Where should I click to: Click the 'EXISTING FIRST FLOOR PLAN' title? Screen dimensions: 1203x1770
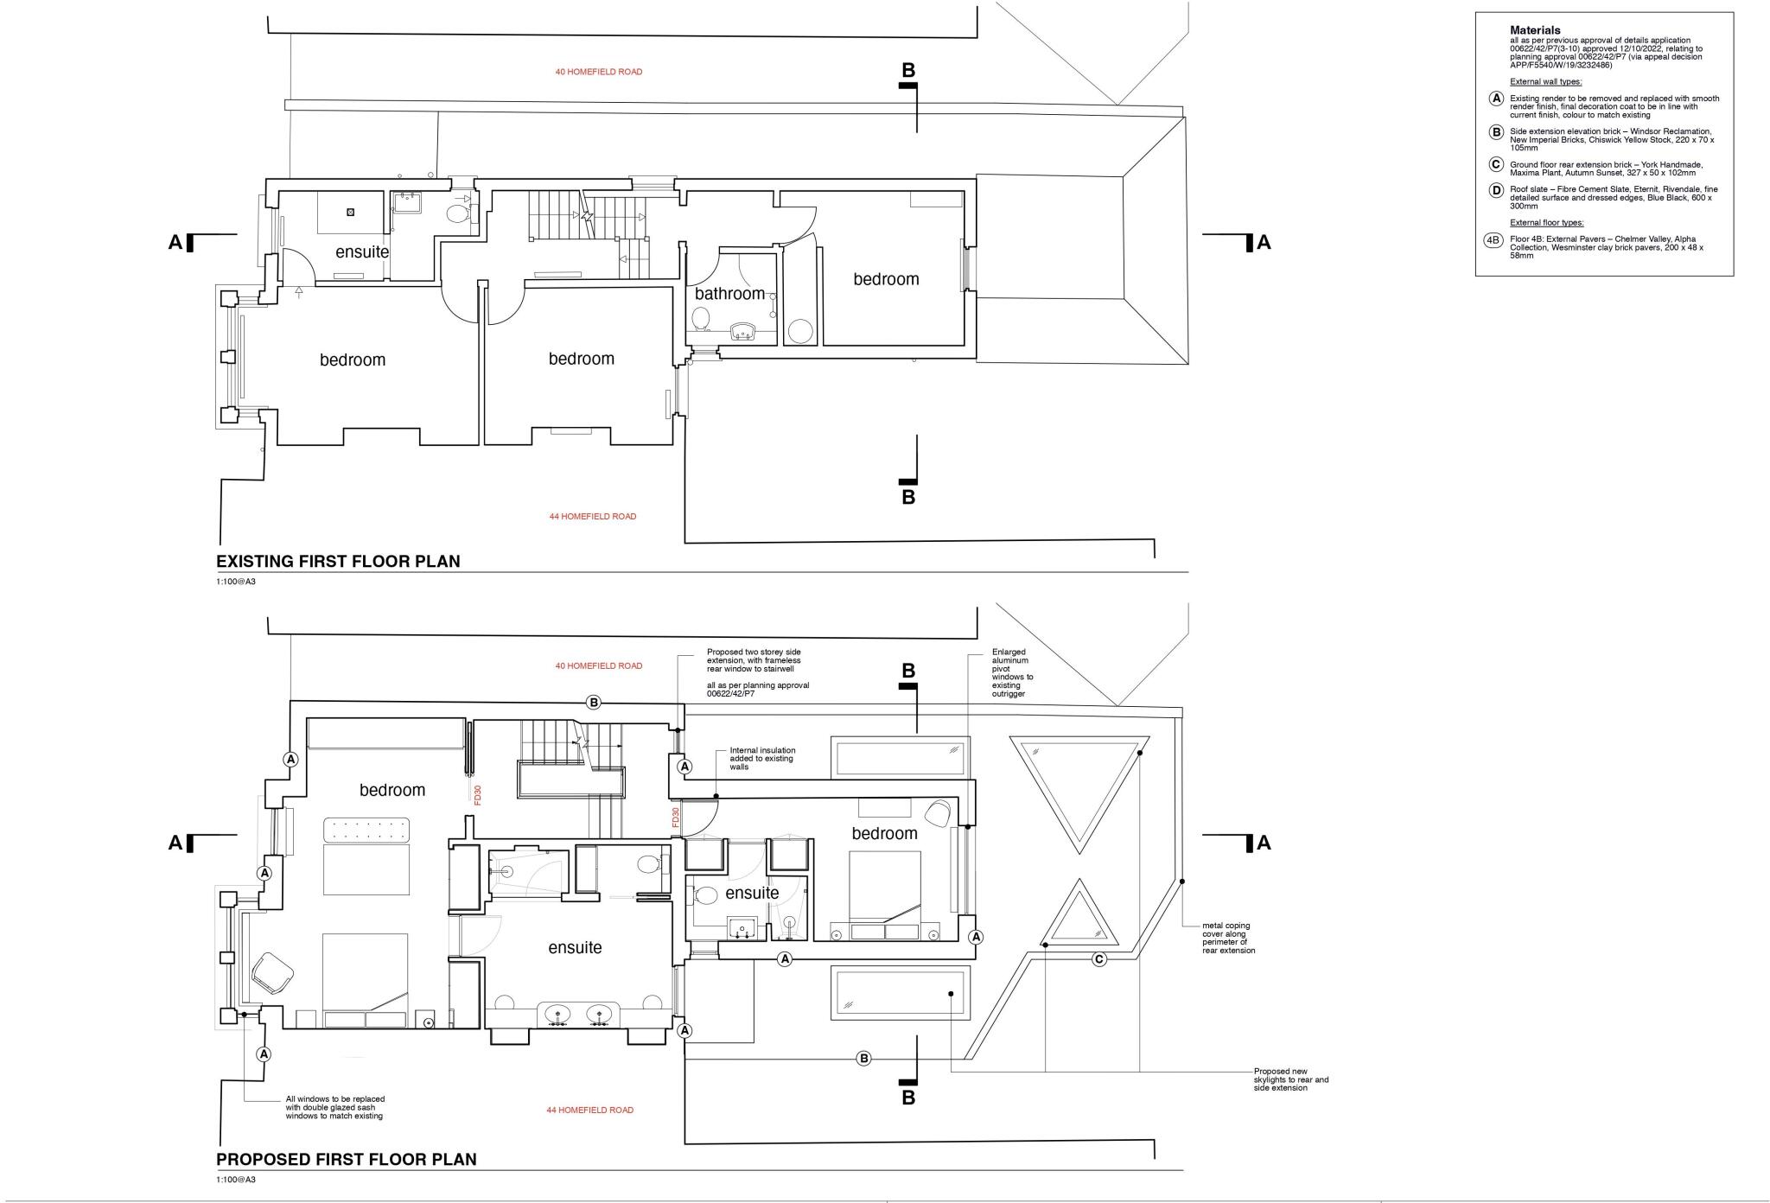[x=338, y=562]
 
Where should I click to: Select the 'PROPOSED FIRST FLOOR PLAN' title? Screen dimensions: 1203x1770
[x=346, y=1160]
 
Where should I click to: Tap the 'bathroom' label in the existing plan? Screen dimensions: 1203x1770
[x=729, y=294]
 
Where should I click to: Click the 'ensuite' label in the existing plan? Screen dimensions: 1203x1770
[x=362, y=252]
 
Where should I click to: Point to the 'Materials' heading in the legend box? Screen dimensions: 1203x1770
[x=1535, y=30]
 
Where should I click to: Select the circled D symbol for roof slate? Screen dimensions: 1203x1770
[x=1496, y=191]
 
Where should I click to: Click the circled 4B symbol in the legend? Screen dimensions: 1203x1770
[x=1493, y=240]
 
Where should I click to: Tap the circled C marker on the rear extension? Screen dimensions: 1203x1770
[x=1098, y=958]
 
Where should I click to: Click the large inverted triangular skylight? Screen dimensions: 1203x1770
[x=1079, y=782]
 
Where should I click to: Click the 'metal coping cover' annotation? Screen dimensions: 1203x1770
[x=1228, y=938]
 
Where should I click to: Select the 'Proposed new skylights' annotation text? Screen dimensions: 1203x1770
[x=1290, y=1079]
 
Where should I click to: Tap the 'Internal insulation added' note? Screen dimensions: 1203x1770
[x=762, y=759]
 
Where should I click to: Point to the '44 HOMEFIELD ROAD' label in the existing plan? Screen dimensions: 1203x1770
[x=592, y=517]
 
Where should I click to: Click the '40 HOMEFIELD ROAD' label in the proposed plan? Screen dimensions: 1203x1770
[x=598, y=666]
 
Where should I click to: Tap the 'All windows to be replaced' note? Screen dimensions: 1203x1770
[x=334, y=1108]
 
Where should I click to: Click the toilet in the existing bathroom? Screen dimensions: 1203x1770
[x=701, y=321]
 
